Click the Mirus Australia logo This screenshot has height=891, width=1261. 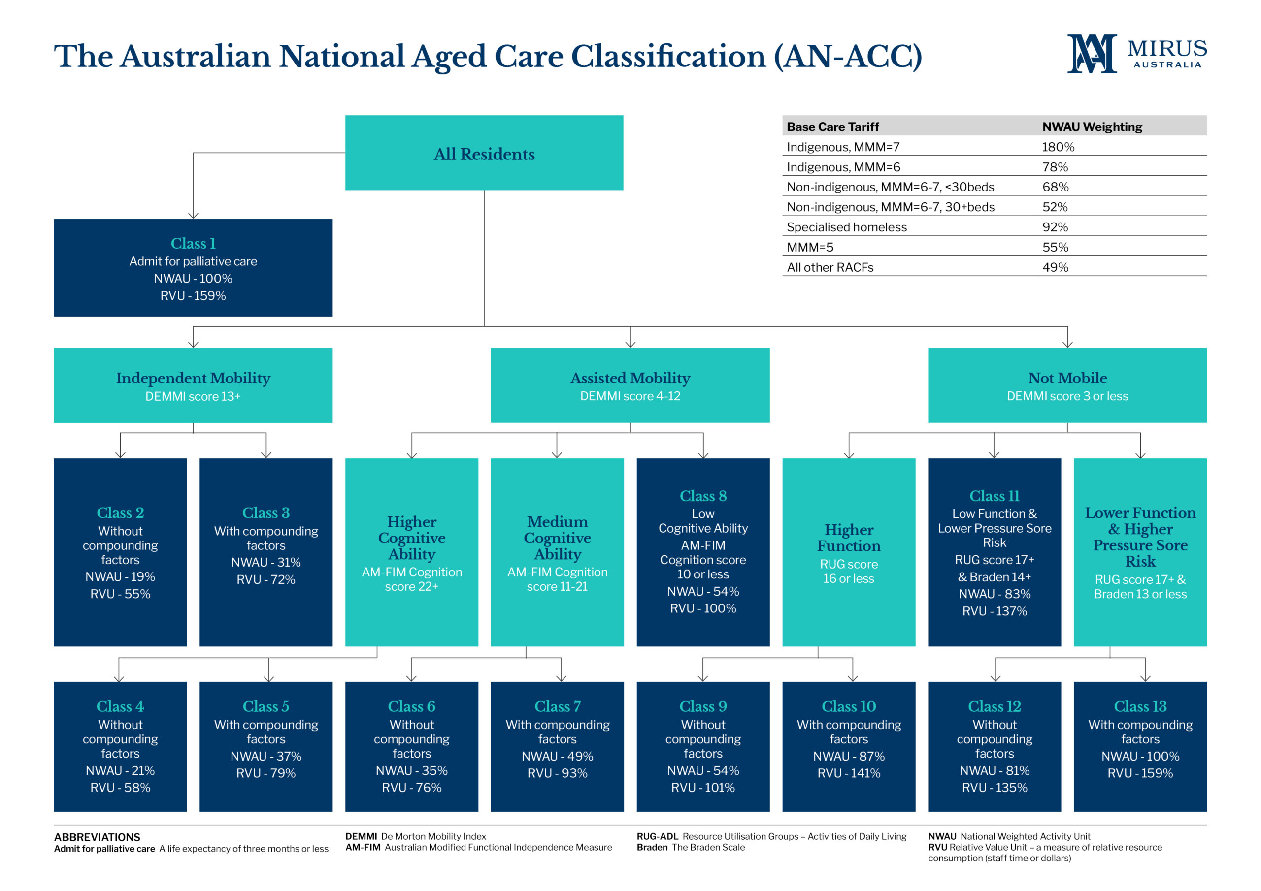click(x=1137, y=53)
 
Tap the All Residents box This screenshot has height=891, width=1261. click(x=484, y=153)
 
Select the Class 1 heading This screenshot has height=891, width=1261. click(x=193, y=243)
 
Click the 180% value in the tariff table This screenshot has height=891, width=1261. click(x=1058, y=147)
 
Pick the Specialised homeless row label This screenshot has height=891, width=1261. click(x=846, y=227)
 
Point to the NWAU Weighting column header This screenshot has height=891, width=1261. click(x=1092, y=127)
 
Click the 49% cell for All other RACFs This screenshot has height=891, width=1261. click(x=1055, y=267)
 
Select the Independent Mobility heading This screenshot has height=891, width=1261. click(x=193, y=378)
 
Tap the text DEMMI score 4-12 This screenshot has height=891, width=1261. click(x=630, y=396)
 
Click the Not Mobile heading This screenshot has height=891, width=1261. click(x=1067, y=378)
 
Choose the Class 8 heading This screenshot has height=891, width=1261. click(x=703, y=496)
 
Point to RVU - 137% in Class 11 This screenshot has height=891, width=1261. click(x=994, y=611)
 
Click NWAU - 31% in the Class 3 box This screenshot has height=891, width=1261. click(x=266, y=562)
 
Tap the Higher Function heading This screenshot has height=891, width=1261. click(x=849, y=538)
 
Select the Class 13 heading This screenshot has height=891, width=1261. click(x=1140, y=706)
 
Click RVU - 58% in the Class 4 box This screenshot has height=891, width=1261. click(x=120, y=788)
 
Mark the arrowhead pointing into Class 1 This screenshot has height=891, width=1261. click(x=193, y=216)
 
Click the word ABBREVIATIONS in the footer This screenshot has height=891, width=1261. click(x=97, y=837)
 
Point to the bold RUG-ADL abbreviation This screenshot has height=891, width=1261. click(x=658, y=837)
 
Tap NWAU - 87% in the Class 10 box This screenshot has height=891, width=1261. click(x=849, y=757)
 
